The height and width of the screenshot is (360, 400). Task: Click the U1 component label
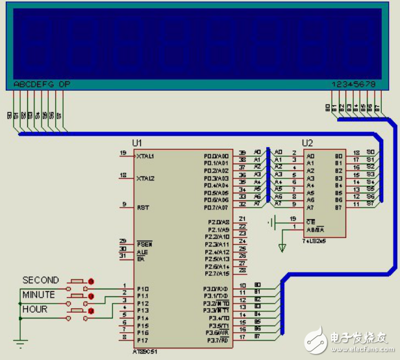136,143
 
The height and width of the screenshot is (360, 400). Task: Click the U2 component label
308,143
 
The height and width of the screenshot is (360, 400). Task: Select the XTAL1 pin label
146,156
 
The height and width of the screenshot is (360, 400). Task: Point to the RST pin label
142,208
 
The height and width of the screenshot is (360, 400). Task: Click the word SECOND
40,280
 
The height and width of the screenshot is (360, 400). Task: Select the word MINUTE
39,294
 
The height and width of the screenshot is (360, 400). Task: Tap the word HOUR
35,309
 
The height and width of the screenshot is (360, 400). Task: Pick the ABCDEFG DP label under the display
41,84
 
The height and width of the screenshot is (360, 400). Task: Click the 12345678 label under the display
353,84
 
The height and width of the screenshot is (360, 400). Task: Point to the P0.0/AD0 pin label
216,156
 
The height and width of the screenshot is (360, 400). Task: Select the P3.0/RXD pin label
216,289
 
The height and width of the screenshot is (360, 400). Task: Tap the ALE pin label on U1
142,251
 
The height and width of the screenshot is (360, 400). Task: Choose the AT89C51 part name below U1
144,352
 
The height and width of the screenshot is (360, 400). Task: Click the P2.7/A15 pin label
217,274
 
